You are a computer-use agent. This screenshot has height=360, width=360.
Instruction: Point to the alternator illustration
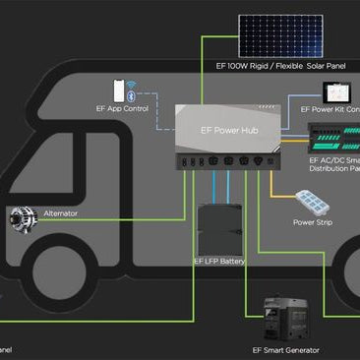pyautogui.click(x=21, y=218)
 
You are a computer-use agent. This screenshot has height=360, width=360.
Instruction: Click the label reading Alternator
pyautogui.click(x=60, y=212)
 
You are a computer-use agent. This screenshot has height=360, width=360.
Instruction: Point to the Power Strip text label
pyautogui.click(x=313, y=223)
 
